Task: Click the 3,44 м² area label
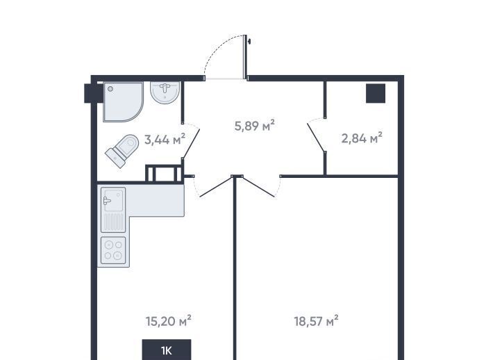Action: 165,140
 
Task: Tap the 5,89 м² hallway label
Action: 255,126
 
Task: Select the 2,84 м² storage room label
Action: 362,138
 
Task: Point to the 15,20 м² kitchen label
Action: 168,321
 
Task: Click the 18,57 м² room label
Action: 316,321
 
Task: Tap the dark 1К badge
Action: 167,350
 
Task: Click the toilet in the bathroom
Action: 121,151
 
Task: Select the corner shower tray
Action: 123,101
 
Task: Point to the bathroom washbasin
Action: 165,92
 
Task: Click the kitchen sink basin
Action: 113,200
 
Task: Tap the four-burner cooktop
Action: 113,250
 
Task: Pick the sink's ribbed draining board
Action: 113,222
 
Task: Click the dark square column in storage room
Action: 376,93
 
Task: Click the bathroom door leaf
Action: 191,144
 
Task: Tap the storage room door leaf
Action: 316,137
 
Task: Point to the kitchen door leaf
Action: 216,186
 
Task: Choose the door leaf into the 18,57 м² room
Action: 258,186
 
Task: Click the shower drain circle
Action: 110,89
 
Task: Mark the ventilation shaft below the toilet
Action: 164,174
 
